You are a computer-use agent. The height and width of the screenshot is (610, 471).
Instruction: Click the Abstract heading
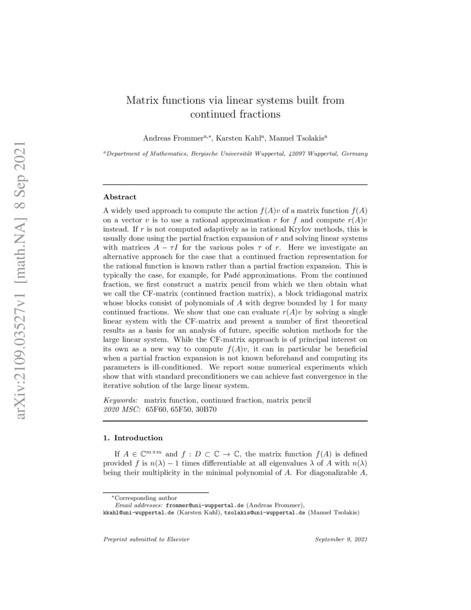pyautogui.click(x=120, y=196)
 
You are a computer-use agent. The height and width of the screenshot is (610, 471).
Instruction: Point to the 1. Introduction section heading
pyautogui.click(x=133, y=438)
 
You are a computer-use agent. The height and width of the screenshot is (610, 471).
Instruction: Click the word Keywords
pyautogui.click(x=122, y=399)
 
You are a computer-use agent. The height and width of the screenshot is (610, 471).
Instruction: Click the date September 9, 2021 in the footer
pyautogui.click(x=341, y=538)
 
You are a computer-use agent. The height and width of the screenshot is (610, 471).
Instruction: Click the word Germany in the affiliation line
pyautogui.click(x=354, y=153)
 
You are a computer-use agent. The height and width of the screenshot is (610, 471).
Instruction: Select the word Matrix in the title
pyautogui.click(x=142, y=101)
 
